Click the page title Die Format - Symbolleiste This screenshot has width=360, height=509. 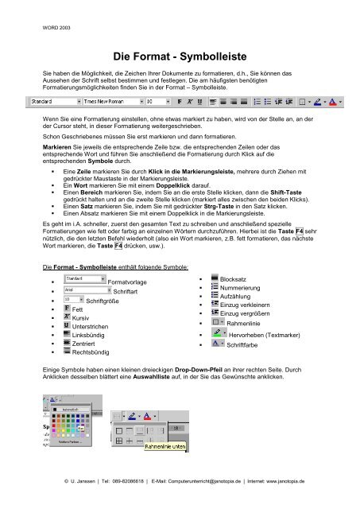180,57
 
